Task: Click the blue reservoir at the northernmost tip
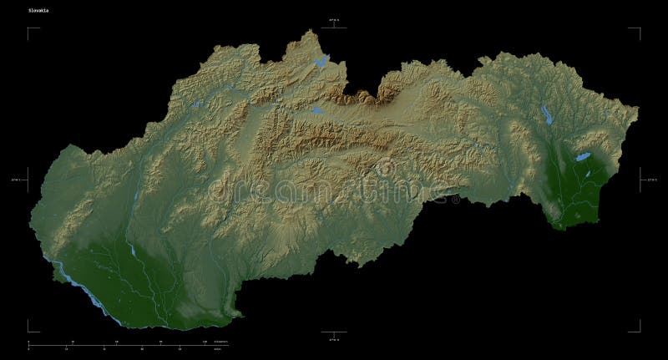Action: tap(320, 61)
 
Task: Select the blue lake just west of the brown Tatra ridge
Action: tap(316, 110)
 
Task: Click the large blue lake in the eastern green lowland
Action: tap(583, 156)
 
